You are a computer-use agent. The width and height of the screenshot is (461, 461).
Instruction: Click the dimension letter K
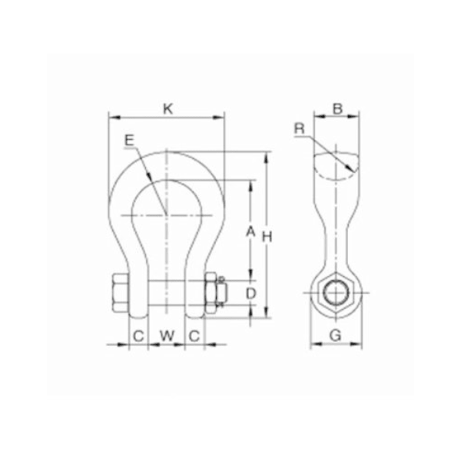[167, 109]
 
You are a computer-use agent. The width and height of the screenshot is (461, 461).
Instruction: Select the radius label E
[128, 140]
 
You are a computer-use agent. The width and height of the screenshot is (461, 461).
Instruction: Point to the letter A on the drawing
[249, 231]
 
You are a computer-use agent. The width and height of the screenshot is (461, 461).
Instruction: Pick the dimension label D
[249, 294]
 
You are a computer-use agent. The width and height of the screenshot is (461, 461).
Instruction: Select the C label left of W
[138, 335]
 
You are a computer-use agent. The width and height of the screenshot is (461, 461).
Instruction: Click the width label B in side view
[337, 109]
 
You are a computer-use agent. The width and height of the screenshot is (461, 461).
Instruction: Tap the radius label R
[300, 128]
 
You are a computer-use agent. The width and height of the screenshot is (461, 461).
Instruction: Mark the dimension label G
[334, 335]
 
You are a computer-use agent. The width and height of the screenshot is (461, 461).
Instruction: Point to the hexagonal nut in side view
[334, 291]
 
